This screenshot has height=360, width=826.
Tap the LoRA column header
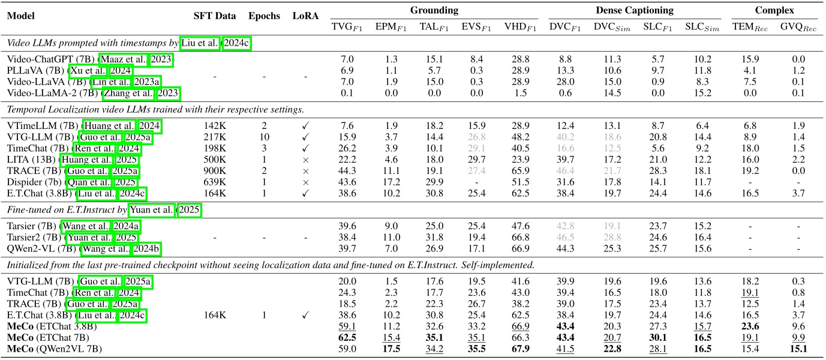[306, 16]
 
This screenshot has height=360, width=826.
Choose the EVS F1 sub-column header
[474, 26]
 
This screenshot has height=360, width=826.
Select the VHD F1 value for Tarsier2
[519, 238]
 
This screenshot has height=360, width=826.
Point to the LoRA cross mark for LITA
[306, 159]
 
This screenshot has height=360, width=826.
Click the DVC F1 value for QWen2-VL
[563, 248]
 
